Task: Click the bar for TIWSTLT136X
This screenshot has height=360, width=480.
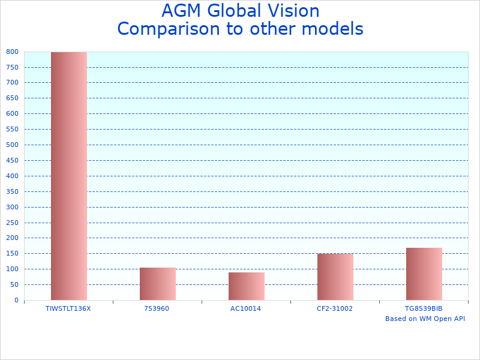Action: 68,176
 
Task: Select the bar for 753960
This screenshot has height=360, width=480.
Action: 157,284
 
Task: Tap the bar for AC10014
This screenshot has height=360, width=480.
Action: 246,286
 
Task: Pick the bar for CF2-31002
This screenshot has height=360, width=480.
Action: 335,277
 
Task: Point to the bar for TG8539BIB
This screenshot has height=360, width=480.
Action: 424,274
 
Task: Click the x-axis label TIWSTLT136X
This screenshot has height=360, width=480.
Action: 68,308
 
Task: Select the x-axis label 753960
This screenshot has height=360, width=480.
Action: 157,308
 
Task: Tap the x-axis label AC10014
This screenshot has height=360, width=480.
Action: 246,308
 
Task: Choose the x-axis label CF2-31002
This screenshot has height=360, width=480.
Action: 335,308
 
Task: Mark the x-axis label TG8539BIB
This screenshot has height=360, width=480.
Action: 424,308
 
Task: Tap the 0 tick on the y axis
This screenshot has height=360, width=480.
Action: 17,300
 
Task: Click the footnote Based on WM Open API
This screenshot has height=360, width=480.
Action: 425,319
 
